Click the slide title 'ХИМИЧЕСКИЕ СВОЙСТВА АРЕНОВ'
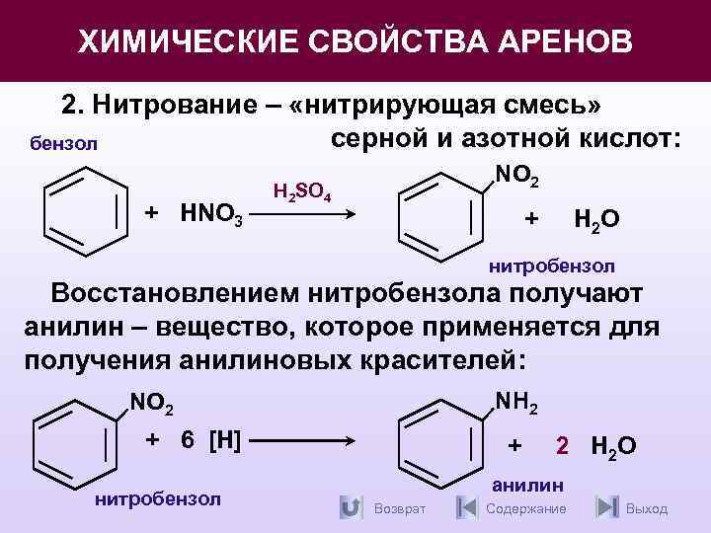tap(355, 41)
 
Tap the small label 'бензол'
tap(64, 144)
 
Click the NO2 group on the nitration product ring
tap(515, 176)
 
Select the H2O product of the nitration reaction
tap(596, 219)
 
